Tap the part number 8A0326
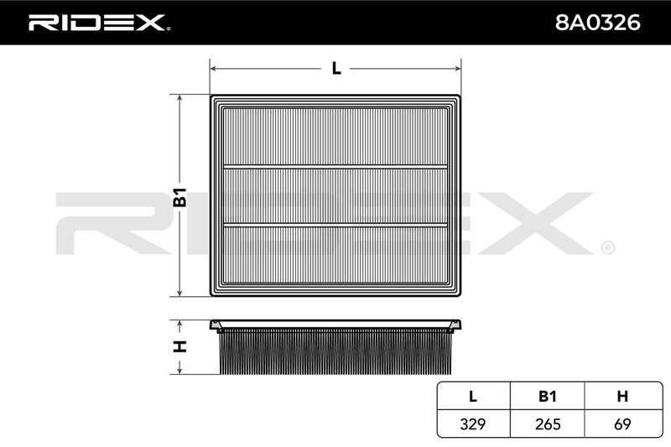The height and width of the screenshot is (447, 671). click(597, 23)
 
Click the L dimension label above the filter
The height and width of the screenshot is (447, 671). click(336, 69)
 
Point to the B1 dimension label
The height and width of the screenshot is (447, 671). click(180, 197)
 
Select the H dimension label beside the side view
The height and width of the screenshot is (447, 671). click(180, 346)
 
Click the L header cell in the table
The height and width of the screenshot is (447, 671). click(473, 397)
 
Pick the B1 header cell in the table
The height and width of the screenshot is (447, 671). click(548, 397)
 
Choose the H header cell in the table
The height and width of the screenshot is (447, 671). click(623, 397)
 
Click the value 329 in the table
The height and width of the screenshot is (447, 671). click(473, 424)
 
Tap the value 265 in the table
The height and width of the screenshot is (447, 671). click(548, 424)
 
